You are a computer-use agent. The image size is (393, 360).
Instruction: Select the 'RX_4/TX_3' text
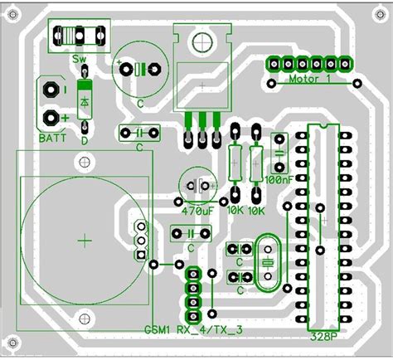pos(210,331)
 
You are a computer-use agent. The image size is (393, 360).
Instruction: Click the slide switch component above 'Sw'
pos(77,36)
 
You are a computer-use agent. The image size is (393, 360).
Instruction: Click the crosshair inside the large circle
pos(85,241)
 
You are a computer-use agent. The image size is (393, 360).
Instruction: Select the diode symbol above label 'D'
pos(85,100)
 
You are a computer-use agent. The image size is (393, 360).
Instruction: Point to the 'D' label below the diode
pos(85,140)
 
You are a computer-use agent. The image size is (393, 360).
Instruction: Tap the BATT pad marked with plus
pos(51,117)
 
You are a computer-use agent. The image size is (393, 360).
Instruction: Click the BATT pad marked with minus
pos(51,89)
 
